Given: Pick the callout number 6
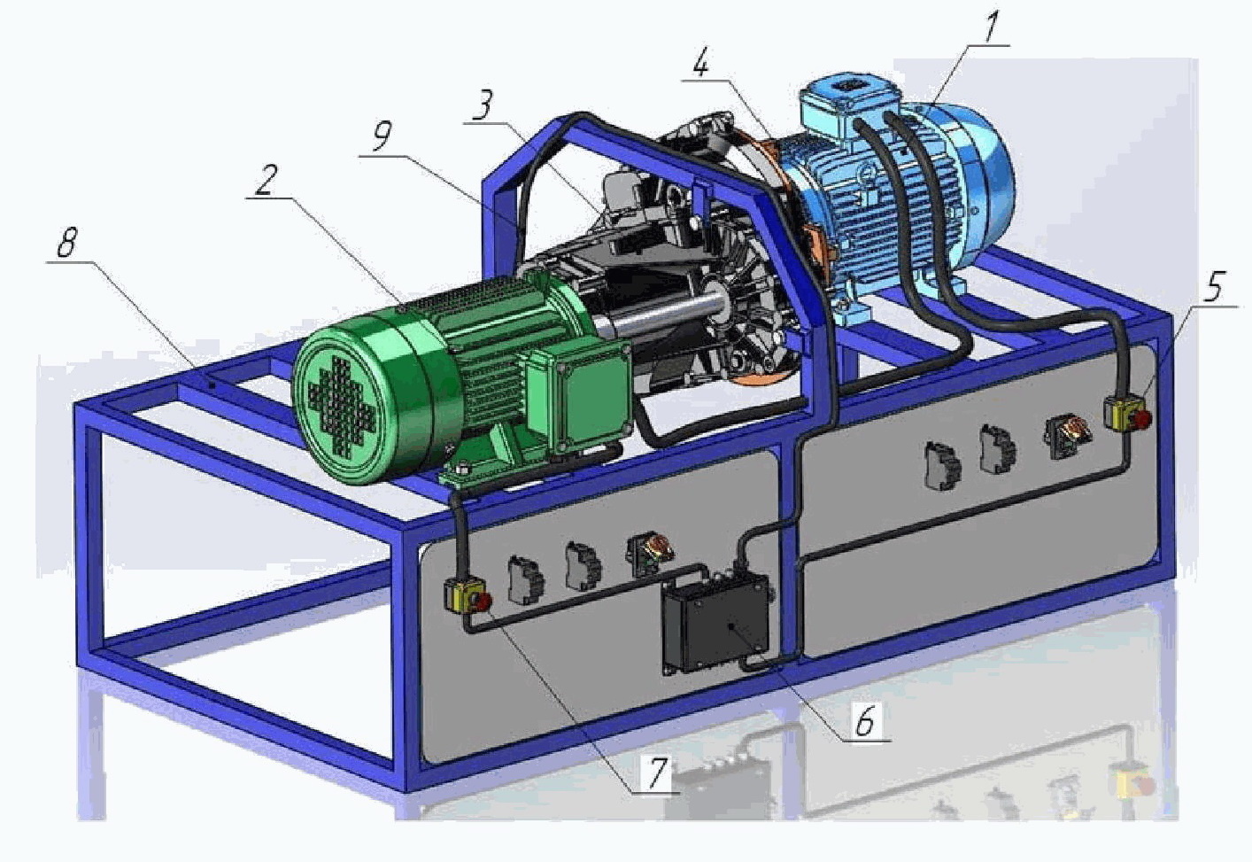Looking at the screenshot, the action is click(864, 721).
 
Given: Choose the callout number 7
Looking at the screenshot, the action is click(657, 772).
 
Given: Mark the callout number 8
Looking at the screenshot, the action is click(67, 242).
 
